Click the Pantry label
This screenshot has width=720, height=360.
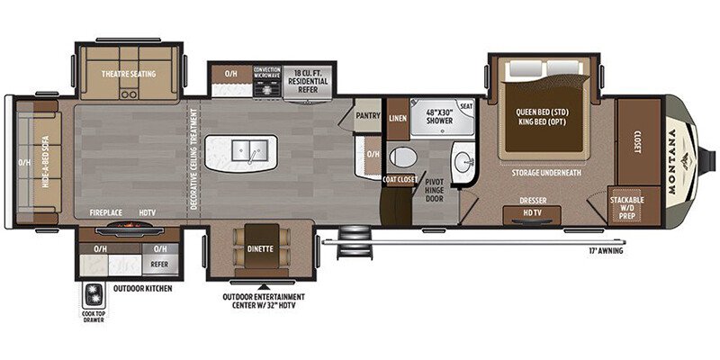click(367, 116)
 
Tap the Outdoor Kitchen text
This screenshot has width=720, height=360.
click(141, 289)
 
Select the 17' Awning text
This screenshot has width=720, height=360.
click(604, 250)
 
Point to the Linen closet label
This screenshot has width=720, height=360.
click(397, 118)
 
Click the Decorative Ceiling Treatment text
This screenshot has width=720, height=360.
click(193, 160)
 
